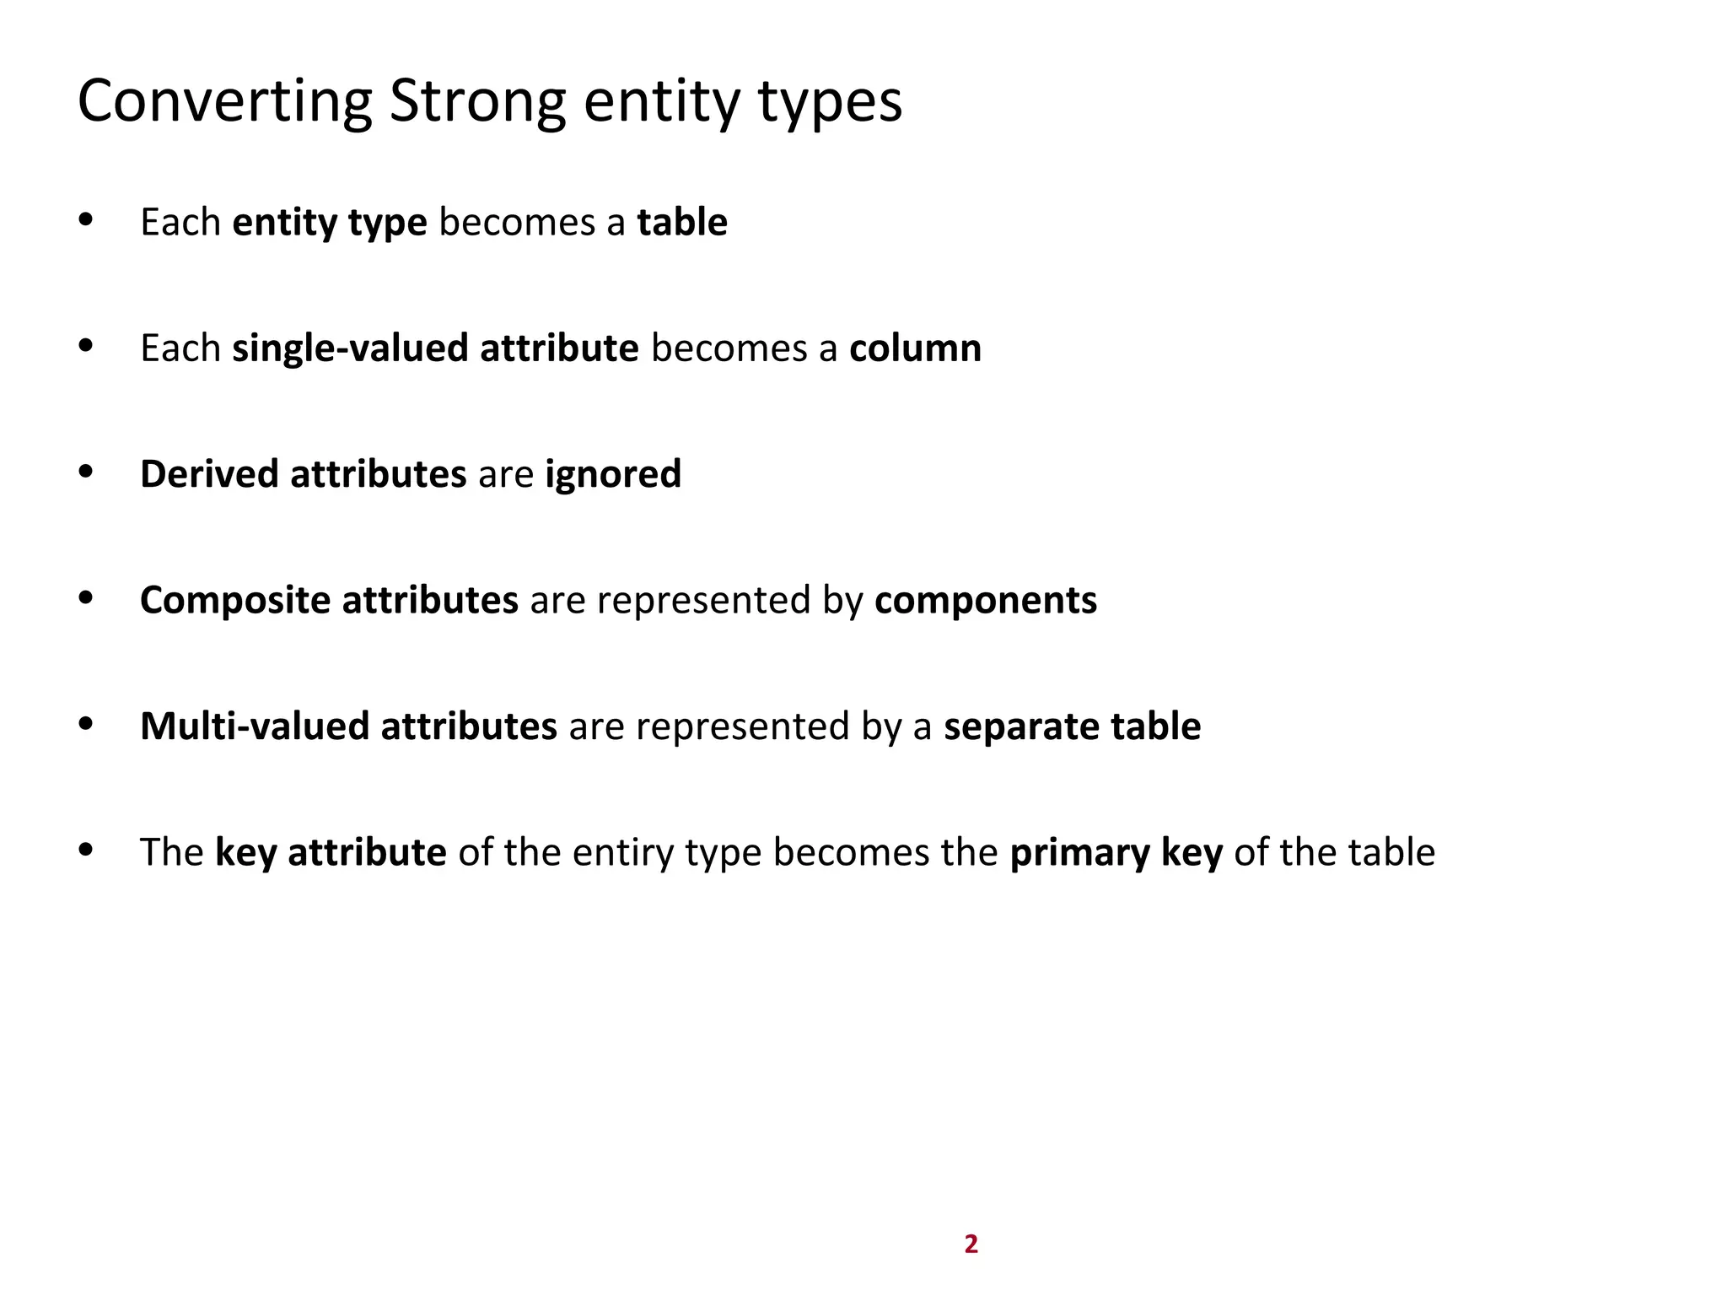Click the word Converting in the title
224,101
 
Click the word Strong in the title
477,101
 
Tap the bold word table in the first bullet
682,222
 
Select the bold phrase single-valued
350,348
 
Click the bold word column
915,348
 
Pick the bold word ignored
613,474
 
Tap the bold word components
986,601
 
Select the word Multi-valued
255,726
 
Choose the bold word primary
1079,852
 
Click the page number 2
971,1244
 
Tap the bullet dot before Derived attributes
85,472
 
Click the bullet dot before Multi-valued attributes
85,724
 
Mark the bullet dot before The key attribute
85,850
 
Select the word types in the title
830,101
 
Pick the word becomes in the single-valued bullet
729,348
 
